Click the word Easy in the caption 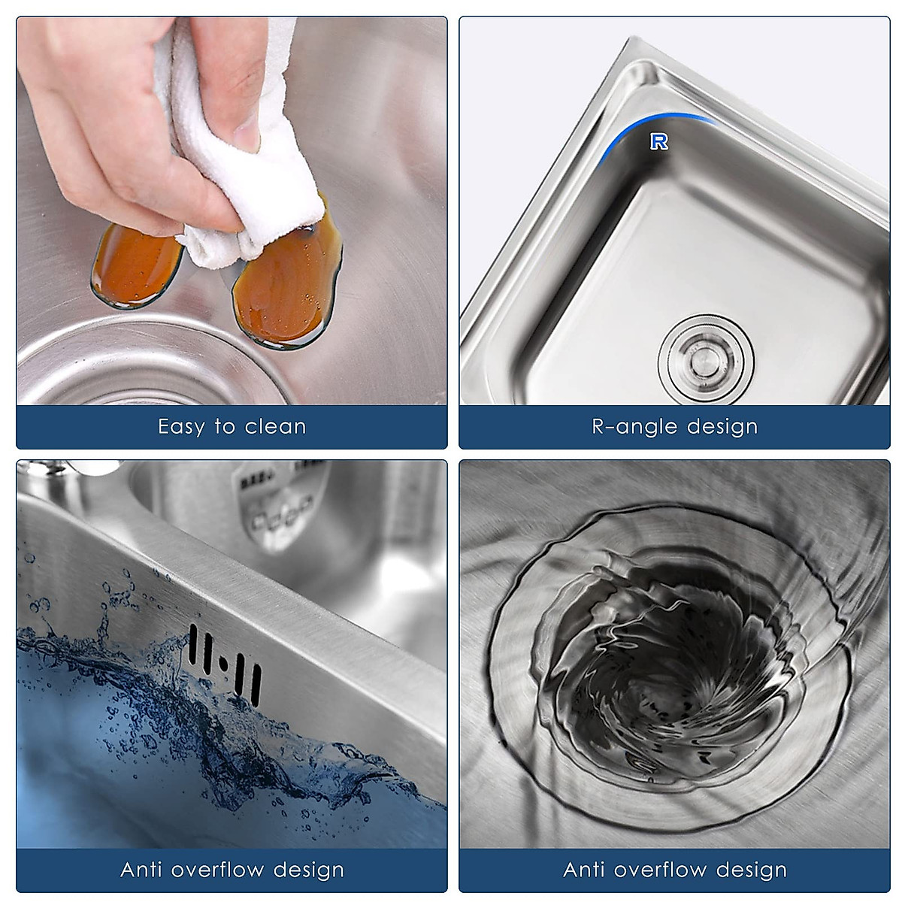coord(180,427)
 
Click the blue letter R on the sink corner coord(659,141)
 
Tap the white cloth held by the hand coord(225,150)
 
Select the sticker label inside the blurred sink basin coord(282,500)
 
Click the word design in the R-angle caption coord(723,427)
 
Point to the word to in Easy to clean coord(225,427)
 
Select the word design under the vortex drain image coord(752,870)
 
